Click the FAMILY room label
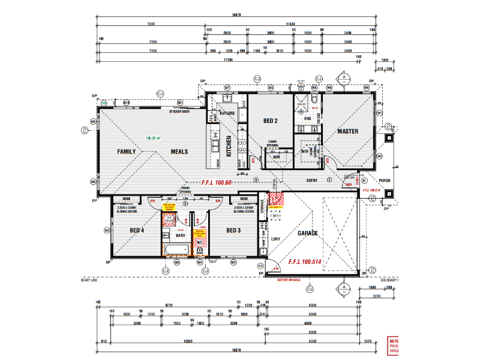tap(127, 152)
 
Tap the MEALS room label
tap(179, 152)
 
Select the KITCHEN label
tap(229, 146)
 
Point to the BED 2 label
tap(270, 121)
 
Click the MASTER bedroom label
tap(347, 131)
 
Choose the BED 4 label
tap(137, 230)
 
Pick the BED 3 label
tap(233, 230)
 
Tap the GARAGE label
tap(308, 233)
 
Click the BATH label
tap(180, 236)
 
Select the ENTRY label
tap(312, 180)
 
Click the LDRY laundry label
tap(276, 239)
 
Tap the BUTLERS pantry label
tap(226, 113)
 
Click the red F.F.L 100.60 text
tap(208, 182)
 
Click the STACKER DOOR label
tap(179, 112)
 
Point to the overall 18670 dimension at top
tap(236, 16)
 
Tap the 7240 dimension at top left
tap(151, 24)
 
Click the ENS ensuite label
tap(307, 119)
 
